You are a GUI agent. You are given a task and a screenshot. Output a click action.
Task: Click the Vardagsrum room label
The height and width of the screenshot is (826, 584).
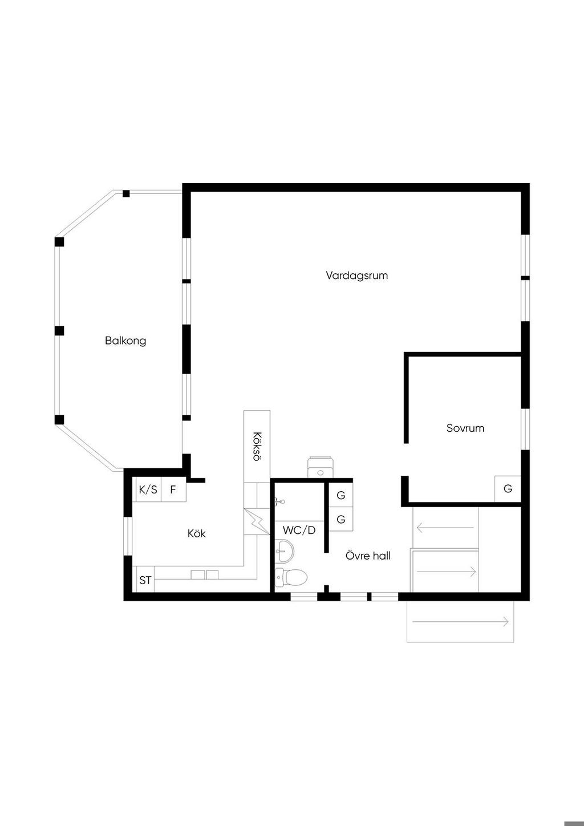[356, 276]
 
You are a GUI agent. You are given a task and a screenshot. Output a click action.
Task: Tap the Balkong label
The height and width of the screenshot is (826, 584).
[125, 341]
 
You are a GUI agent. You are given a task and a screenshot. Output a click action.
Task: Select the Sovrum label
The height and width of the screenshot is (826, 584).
[465, 428]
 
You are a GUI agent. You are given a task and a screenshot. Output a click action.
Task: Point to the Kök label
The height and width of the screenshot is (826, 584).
[197, 533]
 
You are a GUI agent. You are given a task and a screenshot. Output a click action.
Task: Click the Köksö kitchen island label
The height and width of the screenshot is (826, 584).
[257, 446]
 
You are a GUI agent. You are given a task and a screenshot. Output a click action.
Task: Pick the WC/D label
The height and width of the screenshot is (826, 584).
[299, 531]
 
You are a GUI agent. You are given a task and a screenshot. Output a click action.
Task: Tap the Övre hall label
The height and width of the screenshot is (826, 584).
[368, 556]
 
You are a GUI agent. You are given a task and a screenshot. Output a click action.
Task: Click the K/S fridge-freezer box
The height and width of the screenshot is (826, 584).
[148, 489]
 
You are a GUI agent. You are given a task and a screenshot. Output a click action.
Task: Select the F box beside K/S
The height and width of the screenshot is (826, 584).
[173, 489]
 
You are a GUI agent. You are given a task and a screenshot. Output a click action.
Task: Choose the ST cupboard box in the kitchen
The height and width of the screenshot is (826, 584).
[145, 580]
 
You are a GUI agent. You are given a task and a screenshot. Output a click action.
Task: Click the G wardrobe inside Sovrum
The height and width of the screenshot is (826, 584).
[508, 489]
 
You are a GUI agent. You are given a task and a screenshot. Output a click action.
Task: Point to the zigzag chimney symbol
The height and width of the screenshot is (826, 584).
[257, 521]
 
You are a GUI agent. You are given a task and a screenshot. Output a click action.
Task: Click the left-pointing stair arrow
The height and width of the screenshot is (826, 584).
[445, 528]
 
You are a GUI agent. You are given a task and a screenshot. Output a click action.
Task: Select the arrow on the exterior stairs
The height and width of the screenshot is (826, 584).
[460, 622]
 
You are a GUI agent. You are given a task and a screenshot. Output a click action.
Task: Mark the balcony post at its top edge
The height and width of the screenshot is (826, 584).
[126, 193]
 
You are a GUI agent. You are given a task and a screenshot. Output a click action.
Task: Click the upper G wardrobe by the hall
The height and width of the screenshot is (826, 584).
[340, 495]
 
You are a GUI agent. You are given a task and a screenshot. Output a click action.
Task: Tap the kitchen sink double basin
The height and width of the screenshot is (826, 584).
[205, 575]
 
